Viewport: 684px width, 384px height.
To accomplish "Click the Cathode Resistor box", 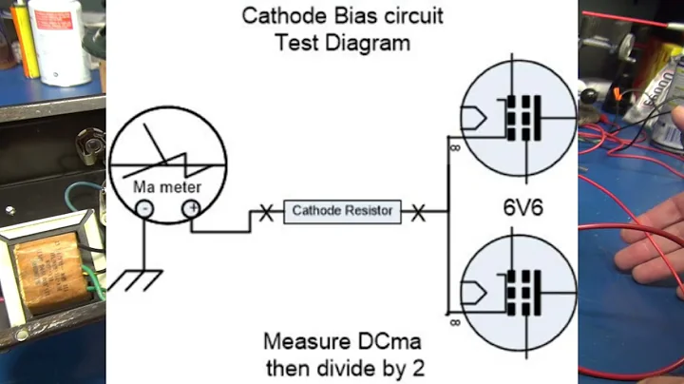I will click(x=342, y=210).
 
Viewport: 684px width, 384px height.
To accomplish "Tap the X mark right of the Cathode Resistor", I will click(x=418, y=211).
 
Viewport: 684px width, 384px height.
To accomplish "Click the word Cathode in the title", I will click(x=279, y=16).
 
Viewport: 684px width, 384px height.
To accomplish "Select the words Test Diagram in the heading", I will click(x=341, y=42).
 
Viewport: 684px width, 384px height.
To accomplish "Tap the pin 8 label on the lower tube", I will click(x=457, y=322).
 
